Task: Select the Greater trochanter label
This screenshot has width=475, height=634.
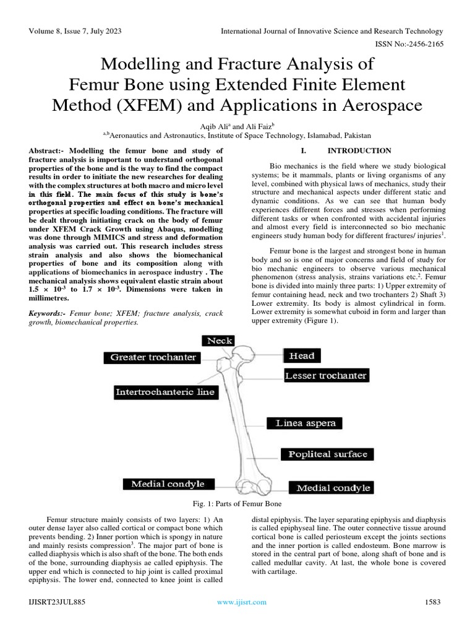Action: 153,357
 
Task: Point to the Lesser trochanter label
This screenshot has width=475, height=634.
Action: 325,375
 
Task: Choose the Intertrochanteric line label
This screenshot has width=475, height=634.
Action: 165,391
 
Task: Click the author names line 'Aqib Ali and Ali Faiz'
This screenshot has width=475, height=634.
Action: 237,124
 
